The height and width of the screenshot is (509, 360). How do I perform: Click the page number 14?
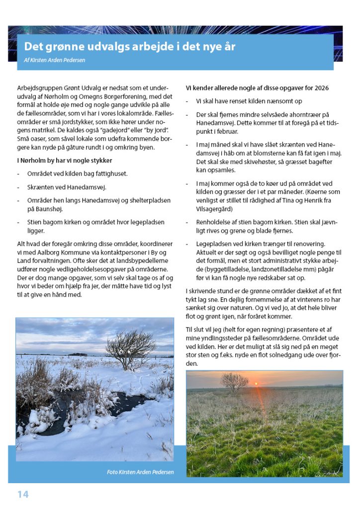[x=23, y=494]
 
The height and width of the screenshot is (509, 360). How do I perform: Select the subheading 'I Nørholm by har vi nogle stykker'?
[x=64, y=161]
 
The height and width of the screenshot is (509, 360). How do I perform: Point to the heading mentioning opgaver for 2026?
[x=257, y=88]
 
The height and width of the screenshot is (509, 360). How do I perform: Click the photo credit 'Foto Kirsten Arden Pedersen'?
[x=140, y=472]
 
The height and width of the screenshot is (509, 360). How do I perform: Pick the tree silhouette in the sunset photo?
[x=234, y=381]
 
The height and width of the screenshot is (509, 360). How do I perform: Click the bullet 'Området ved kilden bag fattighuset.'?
[x=78, y=173]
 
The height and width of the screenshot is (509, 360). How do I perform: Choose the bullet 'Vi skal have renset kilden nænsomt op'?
[x=249, y=101]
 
